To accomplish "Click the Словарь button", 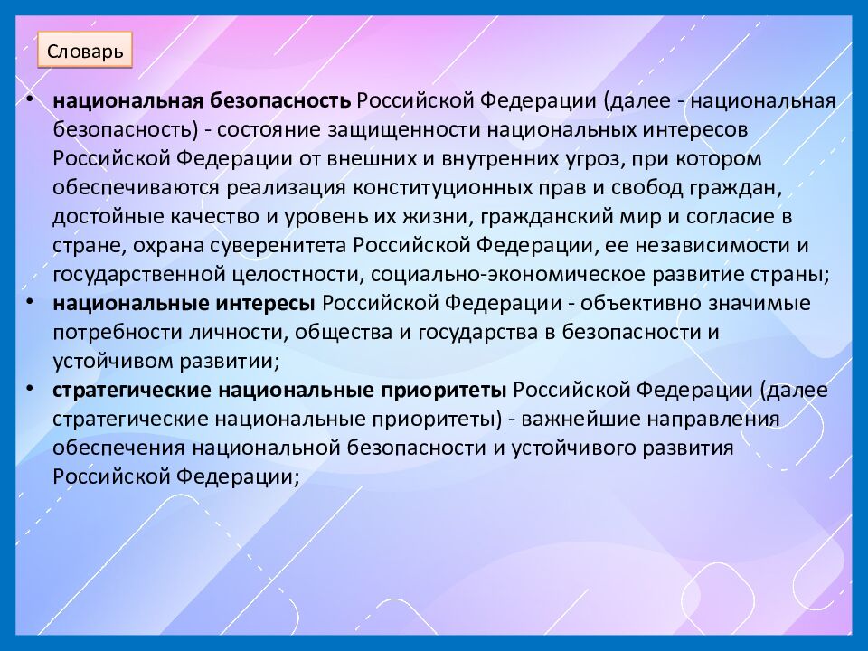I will tap(85, 51).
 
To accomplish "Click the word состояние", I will tap(270, 129).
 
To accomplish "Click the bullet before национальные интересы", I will tap(32, 301).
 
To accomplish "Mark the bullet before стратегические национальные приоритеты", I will tap(32, 389).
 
